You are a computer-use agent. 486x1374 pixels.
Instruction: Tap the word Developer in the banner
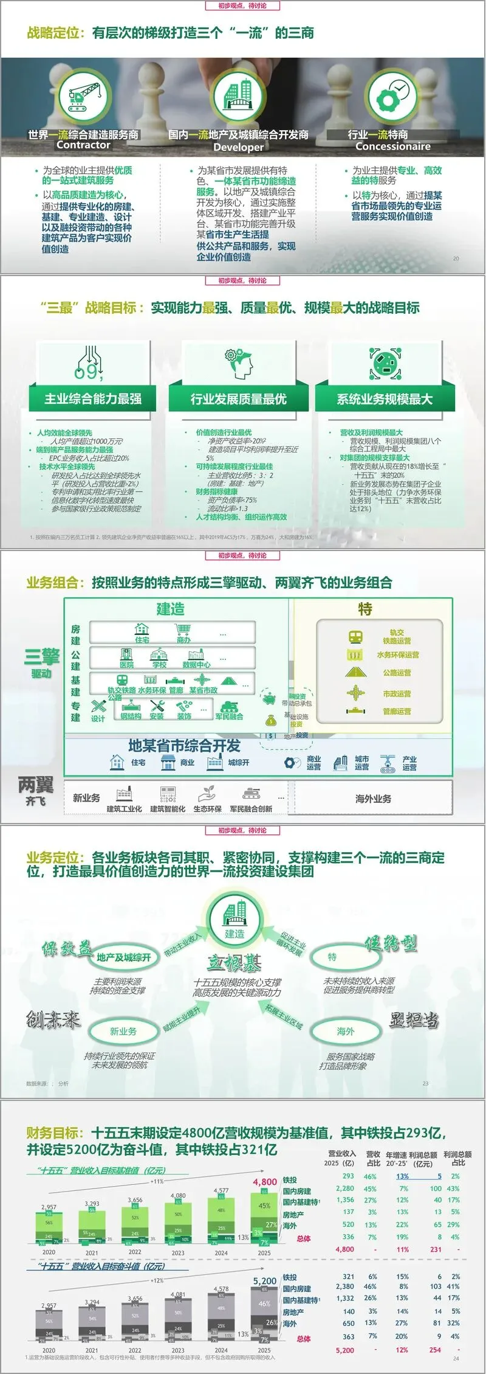coord(239,147)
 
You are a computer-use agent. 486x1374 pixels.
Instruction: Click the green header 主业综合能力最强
coord(93,399)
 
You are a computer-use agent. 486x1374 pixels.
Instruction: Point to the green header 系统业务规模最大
coord(385,399)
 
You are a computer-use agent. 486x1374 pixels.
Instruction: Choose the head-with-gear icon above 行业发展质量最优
coord(238,364)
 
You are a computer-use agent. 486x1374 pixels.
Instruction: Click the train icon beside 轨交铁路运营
coord(355,636)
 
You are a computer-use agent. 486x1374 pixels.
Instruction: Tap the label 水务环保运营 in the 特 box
coord(397,655)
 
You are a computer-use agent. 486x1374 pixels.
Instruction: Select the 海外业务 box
coord(373,799)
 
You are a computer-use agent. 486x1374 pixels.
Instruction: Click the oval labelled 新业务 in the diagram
coord(123,1031)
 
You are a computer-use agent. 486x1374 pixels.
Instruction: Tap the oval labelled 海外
coord(345,1031)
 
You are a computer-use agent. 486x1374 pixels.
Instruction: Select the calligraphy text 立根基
coord(234,963)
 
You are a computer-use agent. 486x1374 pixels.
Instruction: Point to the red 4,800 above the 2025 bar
coord(265,1182)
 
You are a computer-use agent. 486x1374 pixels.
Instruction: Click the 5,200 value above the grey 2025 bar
coord(265,1281)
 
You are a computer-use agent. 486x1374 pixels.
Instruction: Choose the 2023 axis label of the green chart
coord(178,1253)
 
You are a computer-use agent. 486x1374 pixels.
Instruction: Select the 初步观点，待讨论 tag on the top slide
coord(242,6)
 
